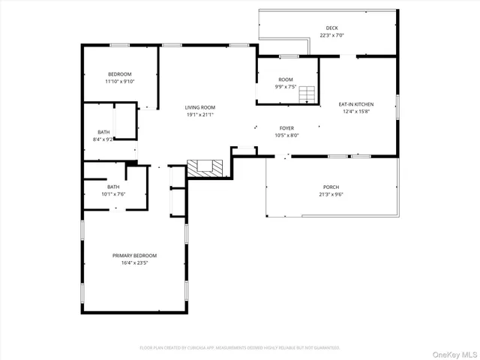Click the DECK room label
click(331, 28)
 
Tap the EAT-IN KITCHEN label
click(356, 104)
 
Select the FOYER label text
click(286, 128)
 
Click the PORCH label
click(331, 187)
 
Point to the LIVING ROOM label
click(200, 108)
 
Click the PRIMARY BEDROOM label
click(135, 256)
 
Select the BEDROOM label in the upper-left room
click(120, 73)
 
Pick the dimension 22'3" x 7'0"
click(331, 34)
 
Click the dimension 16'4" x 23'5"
click(135, 263)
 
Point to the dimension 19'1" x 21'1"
click(200, 115)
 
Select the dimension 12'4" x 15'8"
click(356, 111)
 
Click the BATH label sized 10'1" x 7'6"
click(113, 187)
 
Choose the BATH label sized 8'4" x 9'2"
click(103, 132)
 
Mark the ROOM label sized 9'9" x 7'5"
click(286, 79)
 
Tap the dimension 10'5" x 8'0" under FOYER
click(286, 135)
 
